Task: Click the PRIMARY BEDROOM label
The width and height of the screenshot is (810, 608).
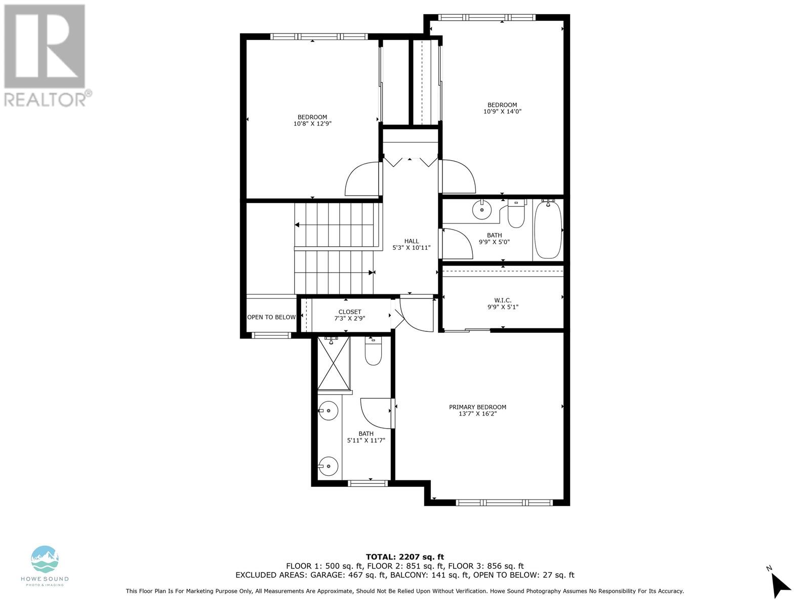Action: pos(477,407)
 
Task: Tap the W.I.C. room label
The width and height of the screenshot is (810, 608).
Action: pos(502,300)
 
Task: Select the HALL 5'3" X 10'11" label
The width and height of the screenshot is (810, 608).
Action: pos(411,244)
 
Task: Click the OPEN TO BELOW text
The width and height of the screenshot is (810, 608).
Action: pos(271,317)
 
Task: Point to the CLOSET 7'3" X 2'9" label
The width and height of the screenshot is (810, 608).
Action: pos(350,315)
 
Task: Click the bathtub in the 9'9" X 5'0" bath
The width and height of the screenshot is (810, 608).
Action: pos(548,229)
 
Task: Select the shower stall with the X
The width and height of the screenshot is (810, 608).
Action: pos(334,363)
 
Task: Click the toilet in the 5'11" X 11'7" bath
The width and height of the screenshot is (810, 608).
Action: pos(373,353)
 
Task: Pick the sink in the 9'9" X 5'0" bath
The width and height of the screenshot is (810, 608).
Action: pos(482,209)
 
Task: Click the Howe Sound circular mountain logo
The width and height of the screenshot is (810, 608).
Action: pos(45,559)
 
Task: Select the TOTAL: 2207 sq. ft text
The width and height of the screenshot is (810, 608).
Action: pos(404,557)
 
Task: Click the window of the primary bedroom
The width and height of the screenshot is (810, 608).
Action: pos(504,503)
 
